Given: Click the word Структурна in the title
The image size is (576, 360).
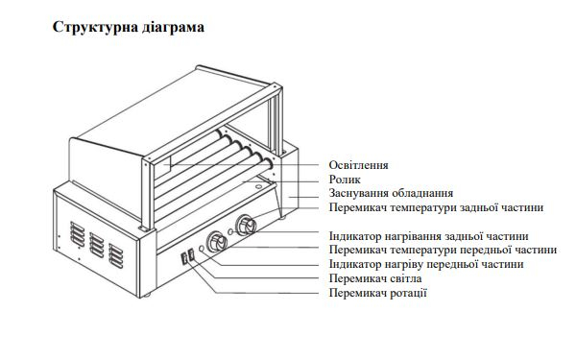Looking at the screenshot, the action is pos(94,28).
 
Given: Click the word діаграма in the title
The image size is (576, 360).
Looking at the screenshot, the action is pos(172,27).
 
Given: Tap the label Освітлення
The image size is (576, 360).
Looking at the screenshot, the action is pos(358,165).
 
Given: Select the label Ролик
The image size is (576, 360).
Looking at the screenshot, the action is pos(345,180).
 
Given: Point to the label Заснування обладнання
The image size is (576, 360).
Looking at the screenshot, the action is pos(391,193).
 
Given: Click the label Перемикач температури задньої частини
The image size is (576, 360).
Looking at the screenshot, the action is pos(436,207).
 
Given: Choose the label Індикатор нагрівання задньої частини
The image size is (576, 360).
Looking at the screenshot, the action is pos(429,236).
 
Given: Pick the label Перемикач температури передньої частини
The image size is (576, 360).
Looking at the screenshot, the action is pos(443,250).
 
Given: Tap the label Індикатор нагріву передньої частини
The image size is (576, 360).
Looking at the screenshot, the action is pos(426,264).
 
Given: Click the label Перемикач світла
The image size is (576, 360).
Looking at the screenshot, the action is pos(375,278).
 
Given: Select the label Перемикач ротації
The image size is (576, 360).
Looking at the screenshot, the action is pos(377,293).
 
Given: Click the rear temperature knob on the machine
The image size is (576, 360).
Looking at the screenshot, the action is pos(246,225).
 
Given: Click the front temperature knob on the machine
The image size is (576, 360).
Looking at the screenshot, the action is pos(217,242).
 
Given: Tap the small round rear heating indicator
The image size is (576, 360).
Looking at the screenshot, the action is pos(230,231).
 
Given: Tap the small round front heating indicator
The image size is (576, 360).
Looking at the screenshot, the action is pos(202,249).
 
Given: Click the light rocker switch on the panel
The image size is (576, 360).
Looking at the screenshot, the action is pos(191,254).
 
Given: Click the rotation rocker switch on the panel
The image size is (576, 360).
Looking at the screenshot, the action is pos(184,258).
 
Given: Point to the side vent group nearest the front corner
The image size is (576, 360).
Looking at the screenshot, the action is pos(116,256).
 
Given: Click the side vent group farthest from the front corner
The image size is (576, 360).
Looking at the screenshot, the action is pos(77,234).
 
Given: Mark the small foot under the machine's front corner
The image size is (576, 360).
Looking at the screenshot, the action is pos(147,295).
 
